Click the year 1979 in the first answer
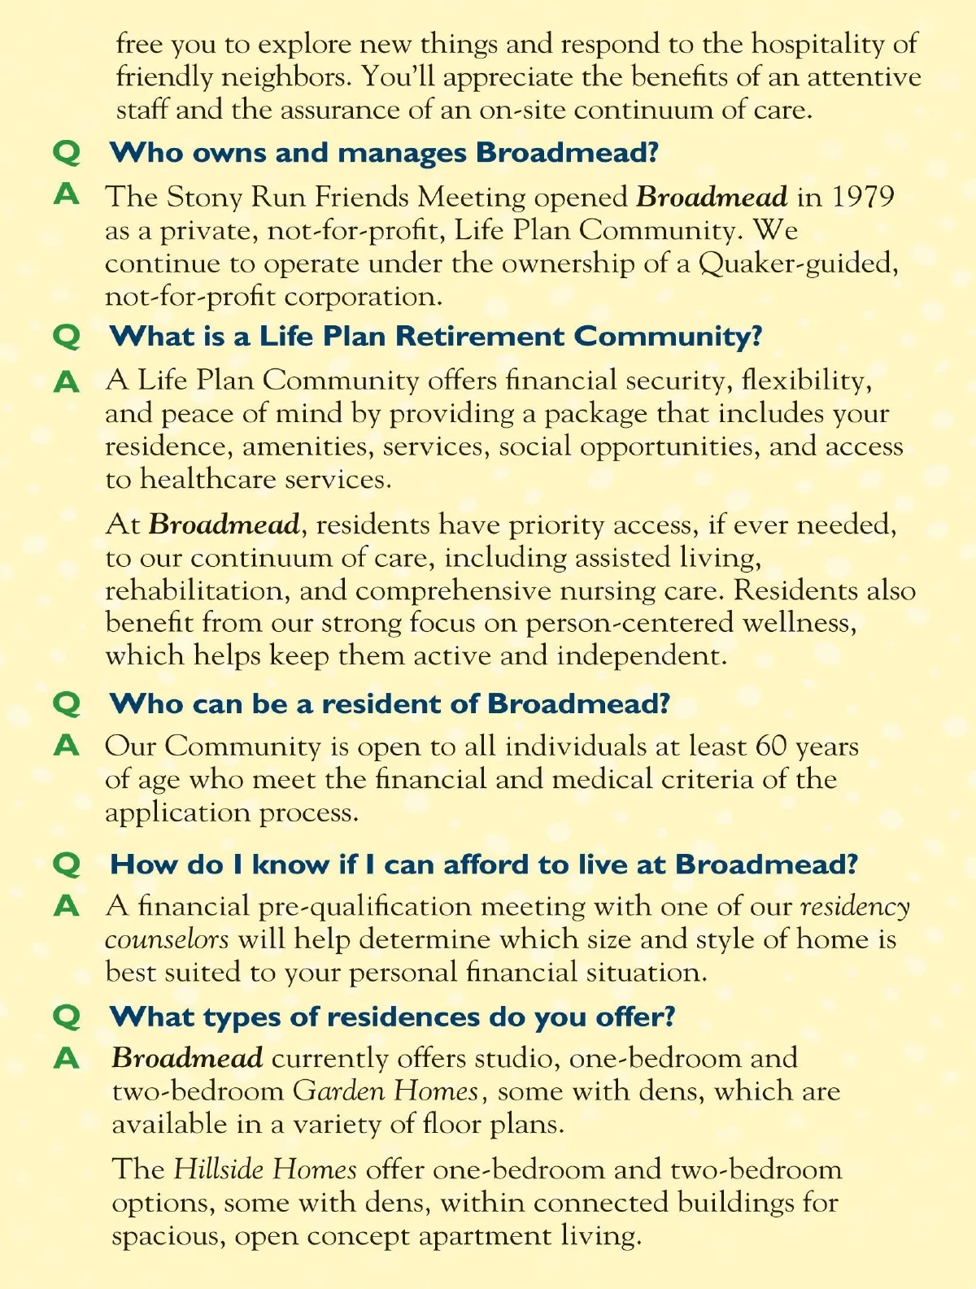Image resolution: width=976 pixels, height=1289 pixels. tap(863, 198)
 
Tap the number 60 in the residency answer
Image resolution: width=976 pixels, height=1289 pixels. tap(771, 747)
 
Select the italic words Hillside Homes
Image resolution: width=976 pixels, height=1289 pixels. tap(265, 1169)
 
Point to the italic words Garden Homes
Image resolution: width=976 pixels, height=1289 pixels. tap(386, 1091)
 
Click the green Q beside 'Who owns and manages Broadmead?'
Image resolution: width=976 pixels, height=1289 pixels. tap(67, 153)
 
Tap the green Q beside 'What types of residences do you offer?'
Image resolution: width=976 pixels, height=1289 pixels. tap(67, 1017)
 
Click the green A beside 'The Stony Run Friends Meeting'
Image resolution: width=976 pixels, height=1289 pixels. tap(67, 195)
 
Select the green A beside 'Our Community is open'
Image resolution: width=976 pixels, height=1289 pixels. tap(67, 745)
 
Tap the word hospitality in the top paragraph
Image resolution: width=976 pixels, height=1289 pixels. tap(817, 44)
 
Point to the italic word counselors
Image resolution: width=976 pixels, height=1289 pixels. tap(167, 939)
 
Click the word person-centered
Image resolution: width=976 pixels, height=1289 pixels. tap(617, 624)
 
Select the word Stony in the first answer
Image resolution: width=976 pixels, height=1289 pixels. tap(204, 198)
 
